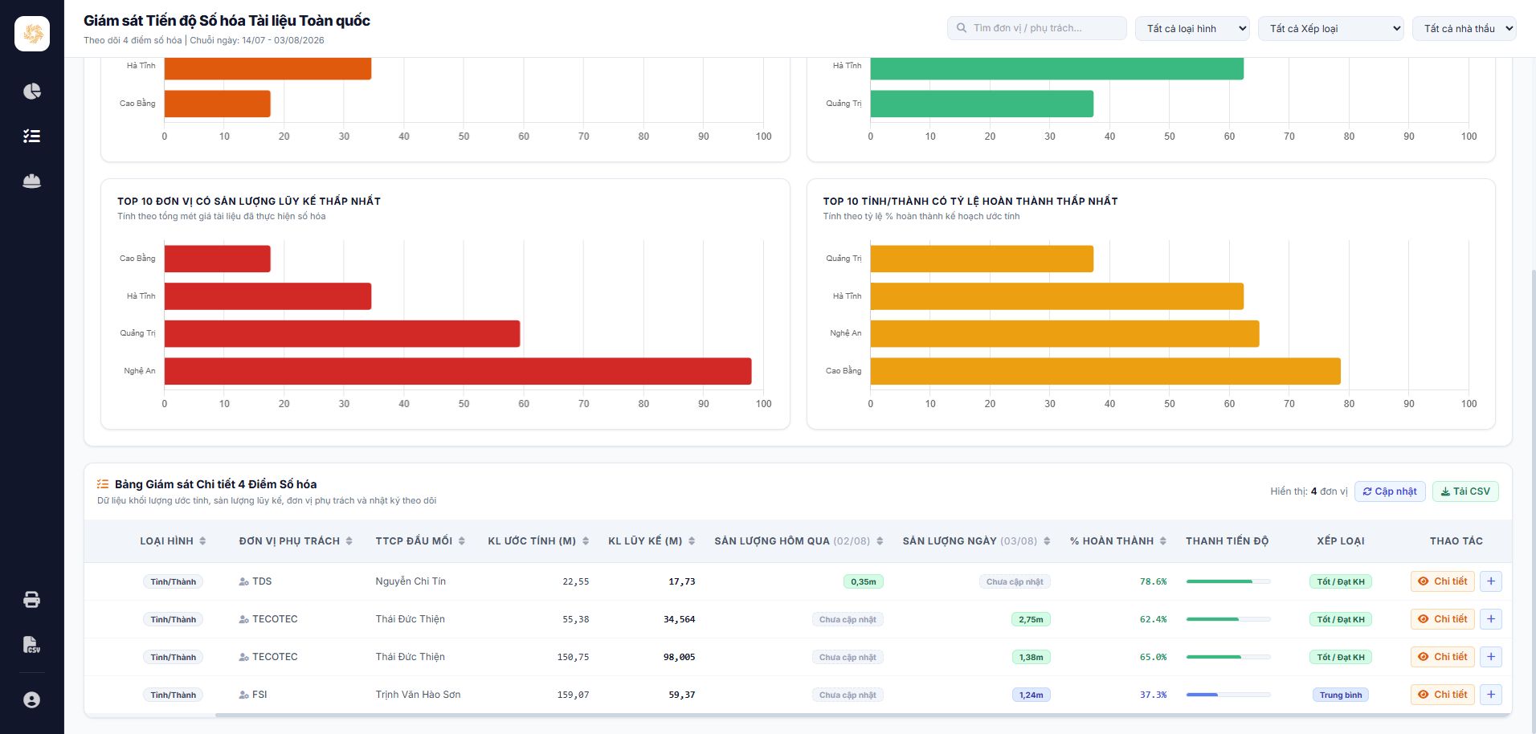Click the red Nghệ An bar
(x=458, y=371)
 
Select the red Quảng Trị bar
(x=342, y=334)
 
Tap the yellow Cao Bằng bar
(x=1105, y=371)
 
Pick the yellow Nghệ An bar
(x=1064, y=334)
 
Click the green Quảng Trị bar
(x=982, y=104)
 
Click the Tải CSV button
(x=1465, y=491)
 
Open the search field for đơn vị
(x=1036, y=28)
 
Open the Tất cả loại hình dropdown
(x=1192, y=28)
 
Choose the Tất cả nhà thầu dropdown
(x=1465, y=28)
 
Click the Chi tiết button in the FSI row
(x=1443, y=695)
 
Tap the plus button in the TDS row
(x=1491, y=581)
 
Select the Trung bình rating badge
(x=1341, y=695)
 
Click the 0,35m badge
(x=864, y=582)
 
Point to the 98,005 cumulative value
(x=679, y=657)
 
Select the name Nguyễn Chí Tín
(x=411, y=581)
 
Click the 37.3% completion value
(x=1153, y=695)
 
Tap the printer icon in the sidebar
(x=32, y=600)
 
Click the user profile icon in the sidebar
(x=32, y=700)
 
